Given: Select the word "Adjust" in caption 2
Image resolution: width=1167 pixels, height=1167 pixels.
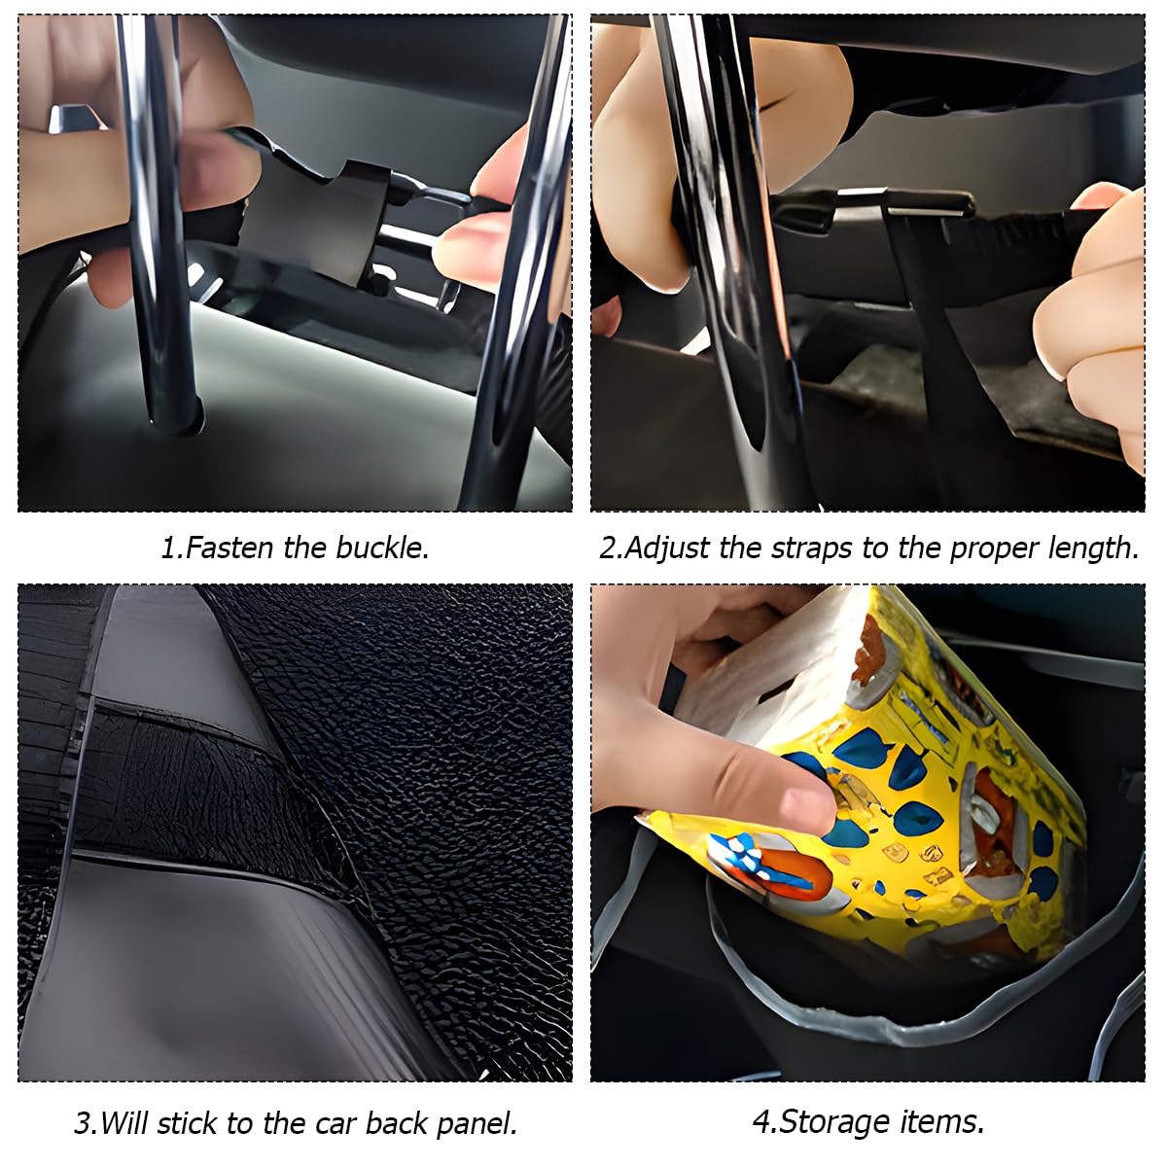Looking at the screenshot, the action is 667,549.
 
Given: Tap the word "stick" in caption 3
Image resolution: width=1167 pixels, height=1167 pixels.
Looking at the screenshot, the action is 189,1107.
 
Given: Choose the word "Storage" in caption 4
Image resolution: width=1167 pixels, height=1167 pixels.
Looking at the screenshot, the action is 834,1106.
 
